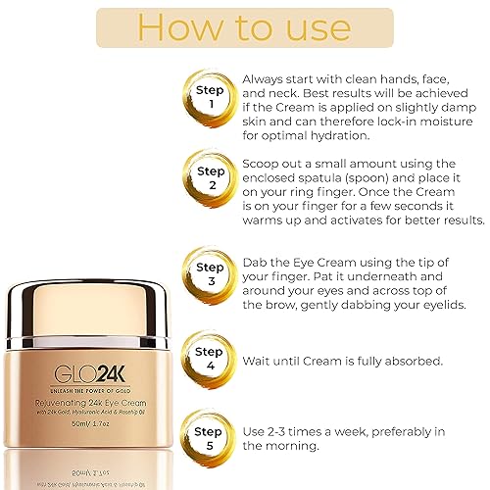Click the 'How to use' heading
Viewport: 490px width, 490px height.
(244, 27)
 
